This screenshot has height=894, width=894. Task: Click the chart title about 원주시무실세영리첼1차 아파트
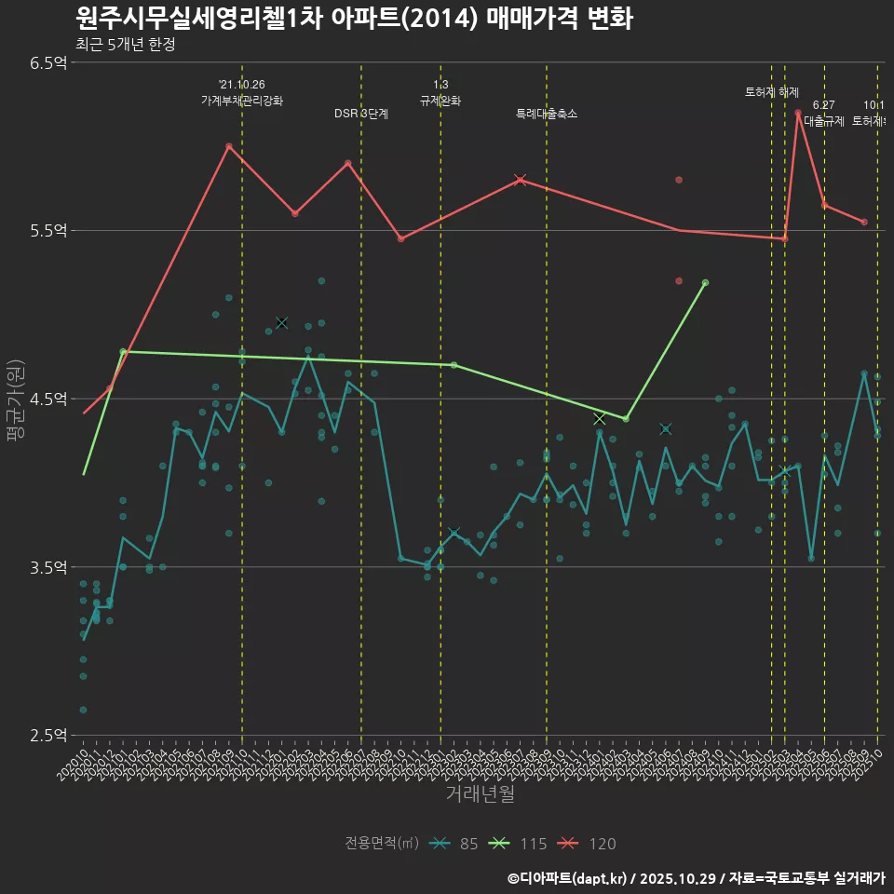point(354,19)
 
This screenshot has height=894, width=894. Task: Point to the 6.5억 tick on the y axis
point(47,62)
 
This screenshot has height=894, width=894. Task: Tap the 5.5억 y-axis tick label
point(47,230)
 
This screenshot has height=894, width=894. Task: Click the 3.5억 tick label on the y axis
point(47,566)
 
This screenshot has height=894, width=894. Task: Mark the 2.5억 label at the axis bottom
point(47,735)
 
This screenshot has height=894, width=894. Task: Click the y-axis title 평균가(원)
point(16,399)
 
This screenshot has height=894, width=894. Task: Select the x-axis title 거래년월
point(480,794)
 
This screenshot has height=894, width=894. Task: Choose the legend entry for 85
point(456,844)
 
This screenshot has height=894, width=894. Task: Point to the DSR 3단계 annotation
point(361,114)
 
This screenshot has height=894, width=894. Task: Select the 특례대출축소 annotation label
point(547,114)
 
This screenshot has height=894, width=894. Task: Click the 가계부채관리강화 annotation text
point(242,100)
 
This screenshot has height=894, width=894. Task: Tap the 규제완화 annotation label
point(440,100)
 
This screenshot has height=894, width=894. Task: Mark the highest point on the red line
point(798,113)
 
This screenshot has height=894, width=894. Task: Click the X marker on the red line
point(521,180)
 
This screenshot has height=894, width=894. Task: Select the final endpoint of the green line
point(706,282)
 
